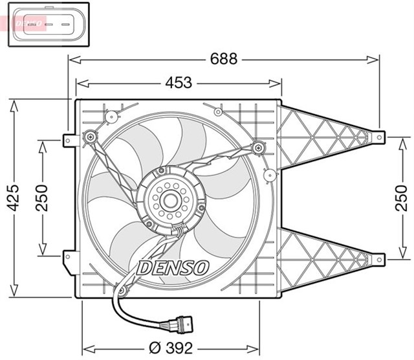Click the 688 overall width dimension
tap(223, 59)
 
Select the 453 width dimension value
tap(178, 83)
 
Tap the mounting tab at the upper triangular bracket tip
tap(380, 137)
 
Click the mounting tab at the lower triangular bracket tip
tap(380, 258)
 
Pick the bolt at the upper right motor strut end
tap(259, 147)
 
